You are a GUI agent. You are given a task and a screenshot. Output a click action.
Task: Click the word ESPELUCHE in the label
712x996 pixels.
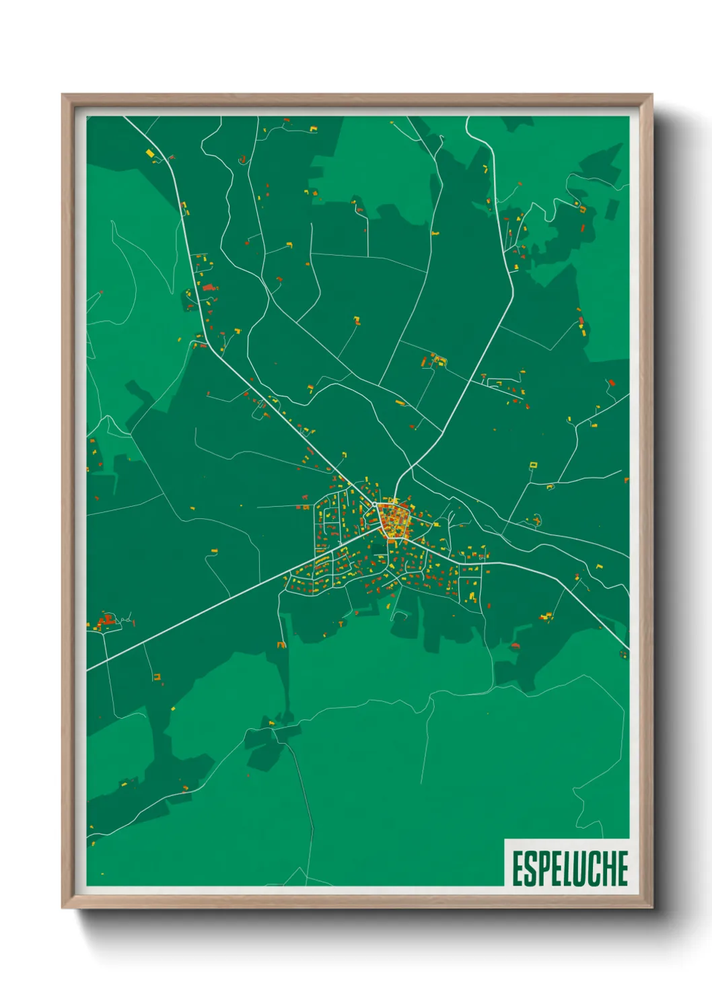(569, 868)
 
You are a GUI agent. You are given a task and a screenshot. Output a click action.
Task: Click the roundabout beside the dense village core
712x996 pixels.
(375, 503)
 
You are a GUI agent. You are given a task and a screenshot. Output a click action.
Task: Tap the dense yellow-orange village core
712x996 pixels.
(394, 520)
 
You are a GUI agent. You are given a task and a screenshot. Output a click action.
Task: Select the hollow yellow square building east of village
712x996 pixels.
(534, 464)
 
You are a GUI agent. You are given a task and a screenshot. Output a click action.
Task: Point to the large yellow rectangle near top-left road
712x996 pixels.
(150, 153)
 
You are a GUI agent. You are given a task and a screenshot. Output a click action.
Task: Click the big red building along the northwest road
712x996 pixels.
(208, 288)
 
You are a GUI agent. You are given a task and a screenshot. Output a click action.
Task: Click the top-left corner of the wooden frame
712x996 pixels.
(63, 95)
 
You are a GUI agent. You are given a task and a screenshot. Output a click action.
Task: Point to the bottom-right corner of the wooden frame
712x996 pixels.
(651, 907)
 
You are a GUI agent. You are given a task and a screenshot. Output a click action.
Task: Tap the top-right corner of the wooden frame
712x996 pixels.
(651, 95)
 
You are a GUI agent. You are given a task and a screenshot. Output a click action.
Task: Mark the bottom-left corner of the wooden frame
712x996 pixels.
(63, 907)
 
